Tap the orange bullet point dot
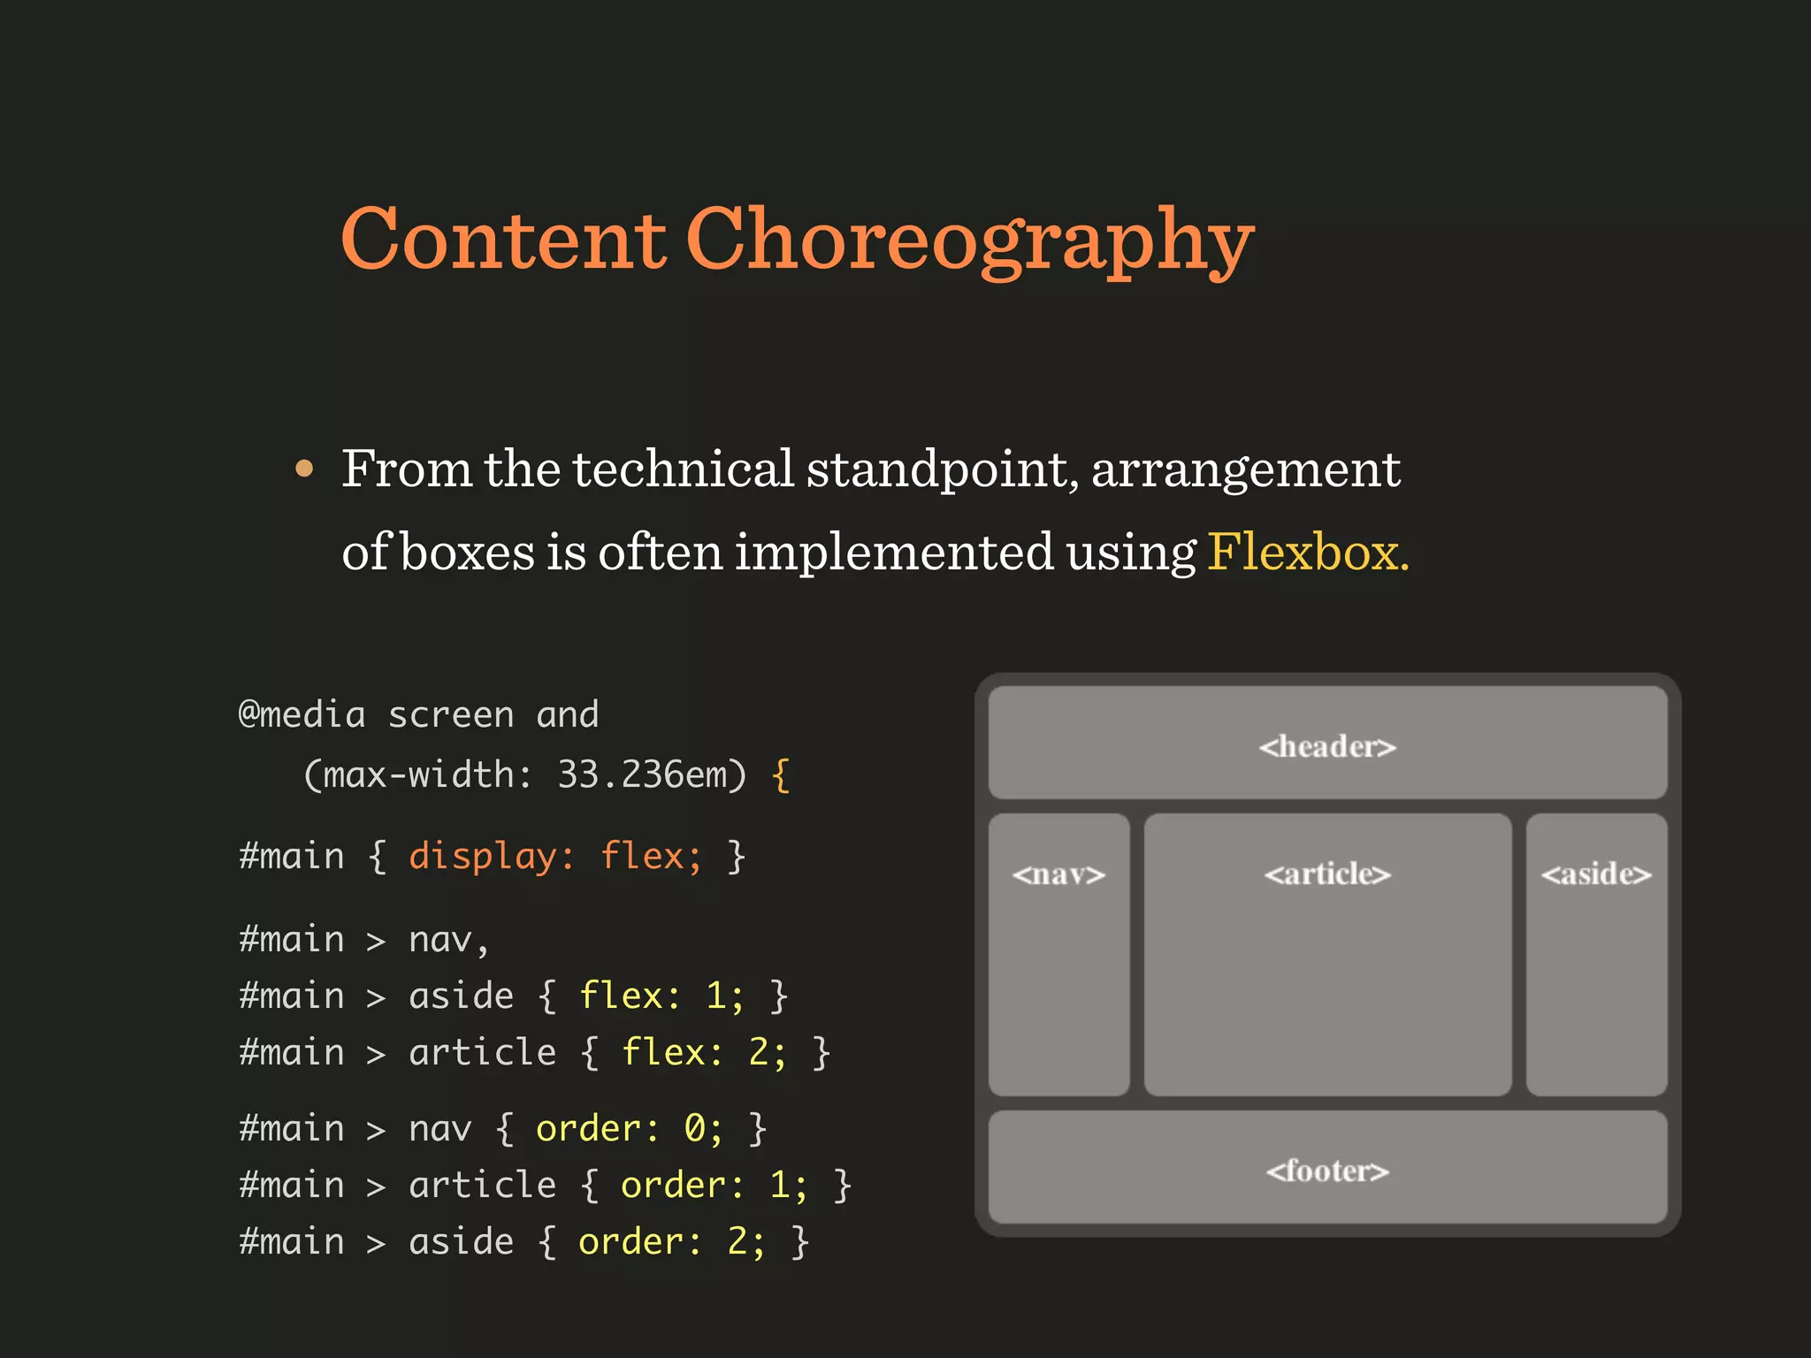[304, 468]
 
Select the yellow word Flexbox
[1308, 552]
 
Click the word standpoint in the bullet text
[942, 469]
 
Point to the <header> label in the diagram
[1327, 746]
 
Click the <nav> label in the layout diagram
[1058, 874]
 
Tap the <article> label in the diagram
[1327, 874]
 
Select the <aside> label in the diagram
[1596, 874]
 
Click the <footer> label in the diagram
[1327, 1171]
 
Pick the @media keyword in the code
[302, 714]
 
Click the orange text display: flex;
[555, 856]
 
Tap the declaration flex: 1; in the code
[661, 996]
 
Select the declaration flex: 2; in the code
[704, 1052]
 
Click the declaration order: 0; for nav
[629, 1128]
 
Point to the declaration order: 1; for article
[714, 1185]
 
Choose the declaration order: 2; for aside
[671, 1241]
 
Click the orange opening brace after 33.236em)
[780, 775]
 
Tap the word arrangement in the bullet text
[1246, 469]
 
